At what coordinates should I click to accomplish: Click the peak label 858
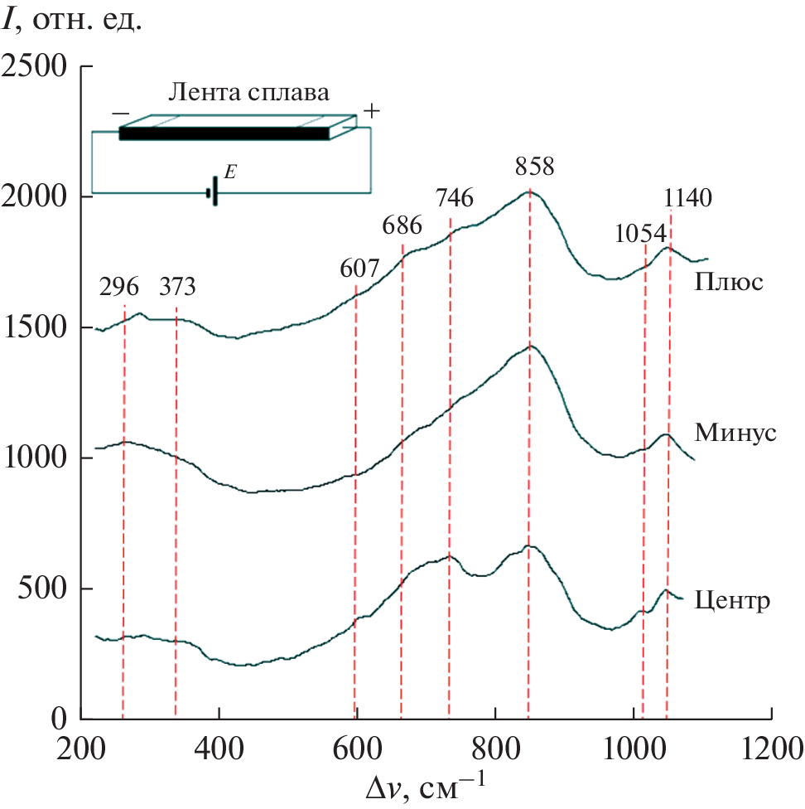(x=534, y=167)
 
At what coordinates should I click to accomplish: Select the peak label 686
(x=402, y=225)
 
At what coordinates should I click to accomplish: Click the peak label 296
(x=120, y=287)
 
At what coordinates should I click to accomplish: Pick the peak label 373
(x=177, y=287)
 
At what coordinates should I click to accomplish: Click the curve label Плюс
(x=729, y=283)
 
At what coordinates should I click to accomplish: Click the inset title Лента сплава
(x=248, y=91)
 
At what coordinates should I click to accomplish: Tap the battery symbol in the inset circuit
(x=213, y=191)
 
